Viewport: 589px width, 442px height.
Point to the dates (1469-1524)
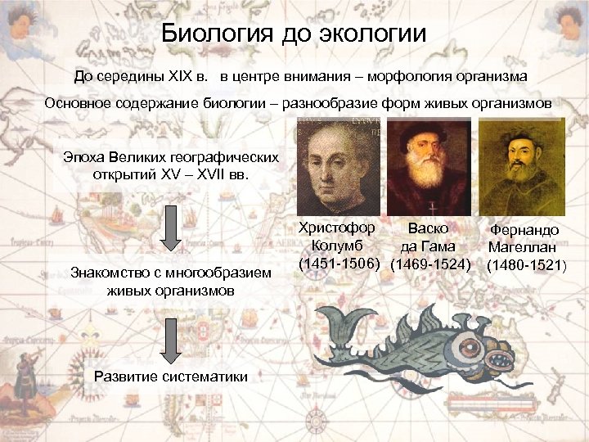coord(430,264)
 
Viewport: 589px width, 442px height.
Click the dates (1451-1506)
coord(339,264)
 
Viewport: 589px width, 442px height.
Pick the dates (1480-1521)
coord(525,265)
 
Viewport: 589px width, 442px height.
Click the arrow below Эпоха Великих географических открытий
coord(170,228)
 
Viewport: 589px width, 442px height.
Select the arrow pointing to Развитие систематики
coord(170,341)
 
